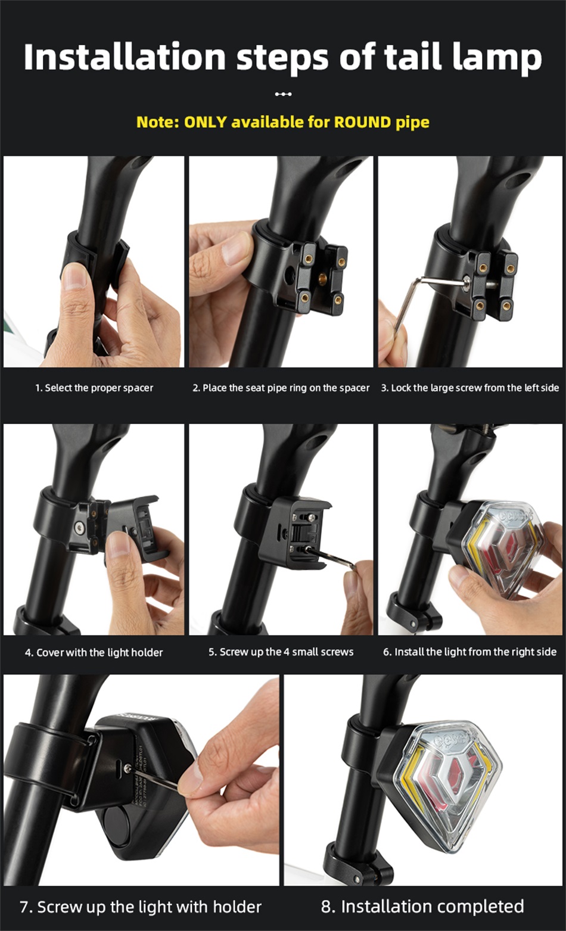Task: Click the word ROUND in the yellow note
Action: tap(363, 122)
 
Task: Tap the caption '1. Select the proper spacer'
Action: tap(94, 388)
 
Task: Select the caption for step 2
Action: tap(281, 388)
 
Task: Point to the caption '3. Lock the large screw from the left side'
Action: tap(470, 388)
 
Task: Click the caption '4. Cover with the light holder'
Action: tap(94, 652)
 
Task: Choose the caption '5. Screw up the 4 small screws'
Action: tap(281, 652)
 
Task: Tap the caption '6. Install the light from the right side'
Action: tap(470, 652)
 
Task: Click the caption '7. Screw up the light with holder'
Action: tap(141, 907)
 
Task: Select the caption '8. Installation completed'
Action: tap(422, 907)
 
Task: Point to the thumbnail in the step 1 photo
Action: tap(74, 276)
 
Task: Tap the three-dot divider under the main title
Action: tap(283, 94)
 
